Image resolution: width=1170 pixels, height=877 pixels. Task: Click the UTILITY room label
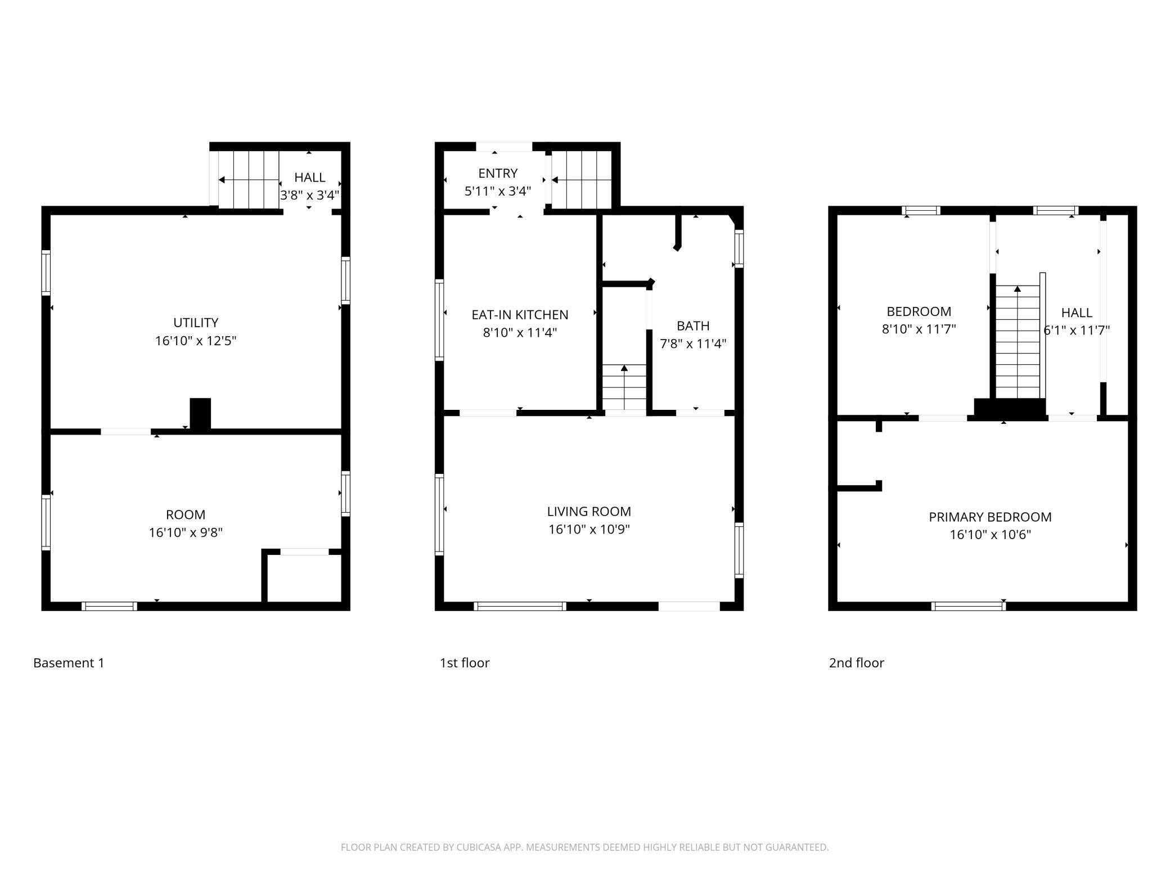tap(196, 323)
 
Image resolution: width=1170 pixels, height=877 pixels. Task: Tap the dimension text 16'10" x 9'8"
tap(186, 532)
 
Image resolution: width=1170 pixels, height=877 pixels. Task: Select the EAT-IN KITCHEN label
tap(520, 315)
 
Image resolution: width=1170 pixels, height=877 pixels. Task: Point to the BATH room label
tap(693, 326)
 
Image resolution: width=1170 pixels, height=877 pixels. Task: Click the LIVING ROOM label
tap(589, 512)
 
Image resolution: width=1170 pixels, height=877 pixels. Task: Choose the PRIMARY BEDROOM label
tap(990, 517)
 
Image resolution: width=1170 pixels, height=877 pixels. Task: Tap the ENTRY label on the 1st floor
tap(498, 173)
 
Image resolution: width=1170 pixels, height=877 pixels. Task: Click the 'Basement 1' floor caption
tap(69, 663)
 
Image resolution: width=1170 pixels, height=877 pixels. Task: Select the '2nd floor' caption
tap(856, 663)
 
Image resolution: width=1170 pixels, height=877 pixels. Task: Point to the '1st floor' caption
tap(464, 663)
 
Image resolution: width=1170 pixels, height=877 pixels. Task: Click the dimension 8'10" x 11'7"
tap(919, 329)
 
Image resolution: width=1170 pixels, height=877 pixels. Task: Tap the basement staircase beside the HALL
tap(249, 179)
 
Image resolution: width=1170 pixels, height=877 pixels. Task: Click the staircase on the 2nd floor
tap(1018, 342)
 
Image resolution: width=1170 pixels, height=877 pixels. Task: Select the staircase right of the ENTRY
tap(582, 179)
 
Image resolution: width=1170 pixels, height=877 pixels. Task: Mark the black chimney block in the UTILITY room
tap(200, 414)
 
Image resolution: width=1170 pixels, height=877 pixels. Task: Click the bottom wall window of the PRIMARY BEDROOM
tap(969, 606)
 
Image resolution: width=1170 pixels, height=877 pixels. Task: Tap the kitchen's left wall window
tap(439, 320)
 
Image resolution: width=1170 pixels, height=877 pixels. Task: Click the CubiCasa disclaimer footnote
tap(585, 847)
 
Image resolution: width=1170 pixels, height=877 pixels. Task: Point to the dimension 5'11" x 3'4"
tap(498, 191)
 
